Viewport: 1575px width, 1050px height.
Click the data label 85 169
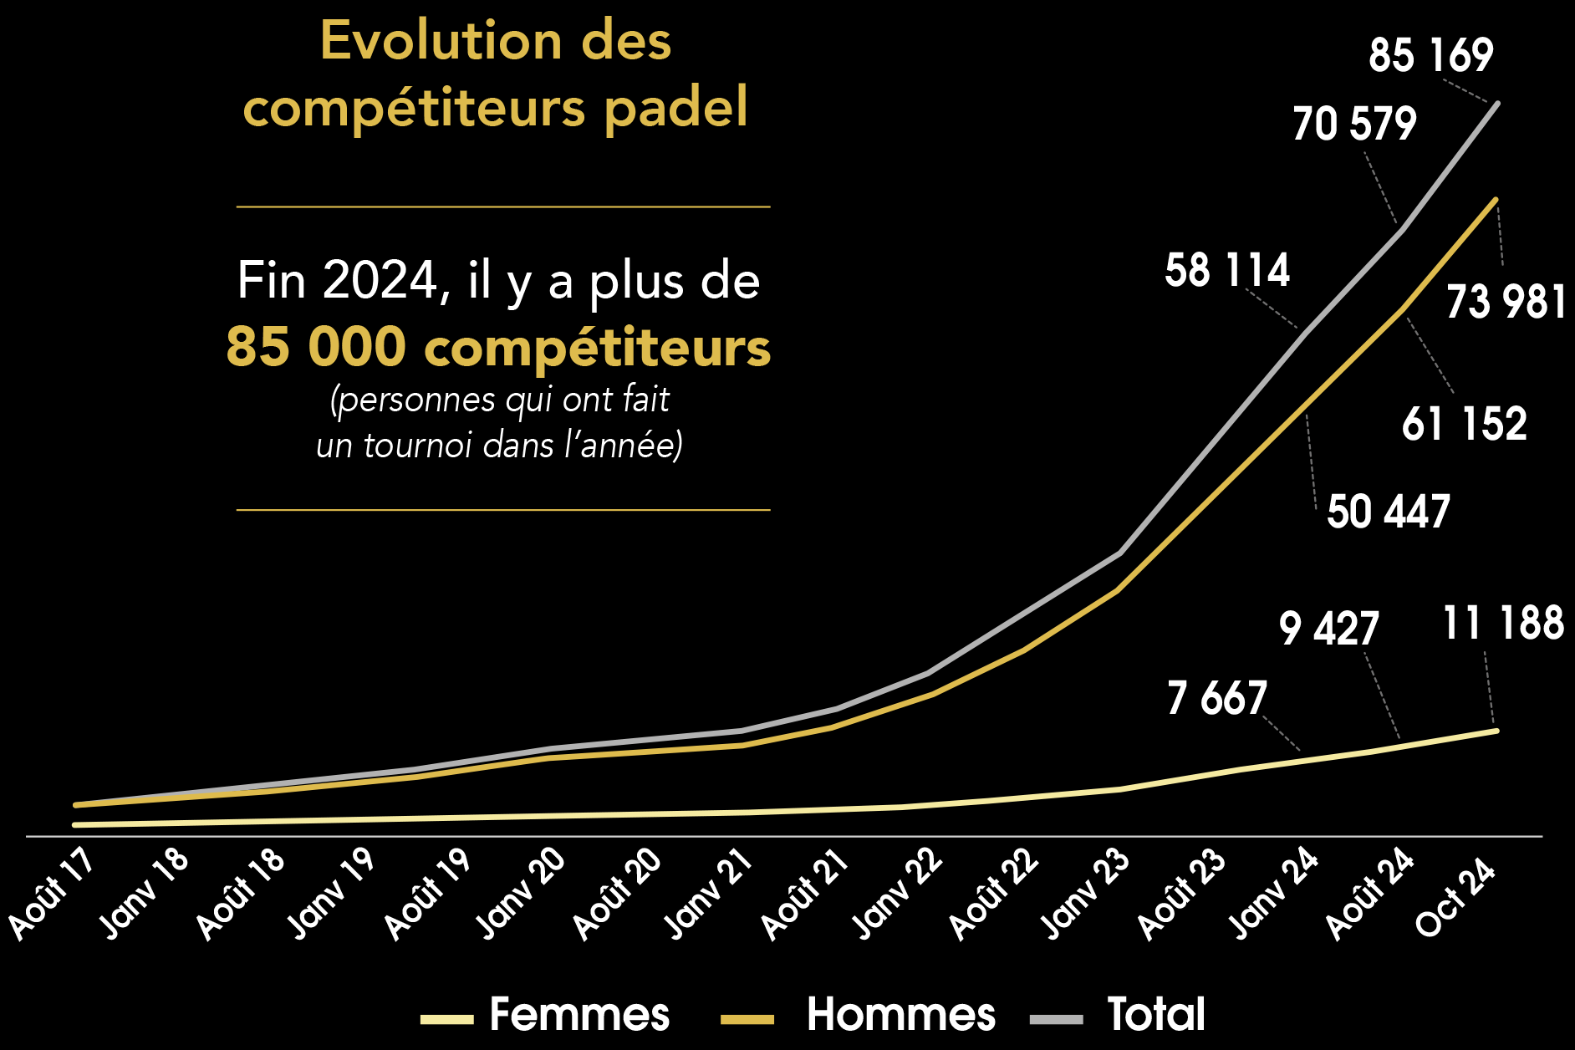[1430, 55]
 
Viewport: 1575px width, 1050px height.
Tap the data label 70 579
[1354, 124]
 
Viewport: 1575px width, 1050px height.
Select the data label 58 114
[1227, 271]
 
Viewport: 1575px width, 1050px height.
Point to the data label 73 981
[1506, 302]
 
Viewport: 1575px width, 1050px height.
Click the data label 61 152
[1465, 424]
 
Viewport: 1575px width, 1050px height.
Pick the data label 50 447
[1389, 512]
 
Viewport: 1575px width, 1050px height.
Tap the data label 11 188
[1503, 624]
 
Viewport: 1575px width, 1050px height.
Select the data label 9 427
[1328, 629]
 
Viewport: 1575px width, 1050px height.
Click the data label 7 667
[1217, 698]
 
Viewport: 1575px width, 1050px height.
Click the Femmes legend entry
[579, 1014]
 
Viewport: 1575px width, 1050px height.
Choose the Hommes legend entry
[900, 1014]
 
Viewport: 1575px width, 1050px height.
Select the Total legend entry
[1156, 1014]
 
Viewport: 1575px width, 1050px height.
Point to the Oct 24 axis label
[1455, 898]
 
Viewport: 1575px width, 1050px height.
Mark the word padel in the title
[675, 108]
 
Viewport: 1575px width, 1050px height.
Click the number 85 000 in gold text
[316, 346]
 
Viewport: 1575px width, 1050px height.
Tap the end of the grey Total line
[1496, 104]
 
